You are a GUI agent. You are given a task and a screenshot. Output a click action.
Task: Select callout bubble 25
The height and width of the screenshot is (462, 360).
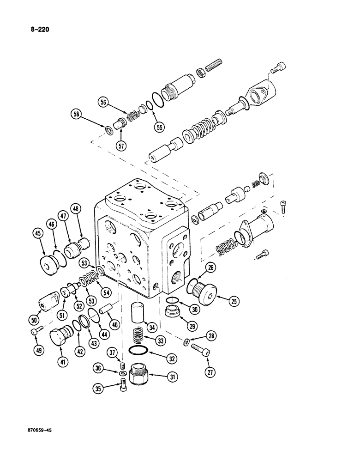[234, 302]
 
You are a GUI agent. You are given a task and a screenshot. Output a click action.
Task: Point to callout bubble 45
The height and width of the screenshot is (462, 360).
[38, 234]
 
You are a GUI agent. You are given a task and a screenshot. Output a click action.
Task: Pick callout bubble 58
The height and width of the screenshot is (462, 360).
[77, 114]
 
